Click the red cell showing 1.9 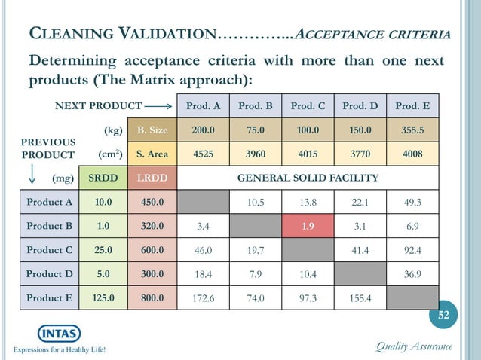tap(308, 225)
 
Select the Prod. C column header tap(308, 106)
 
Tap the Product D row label tap(49, 273)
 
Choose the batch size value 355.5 tap(412, 130)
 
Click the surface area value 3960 tap(256, 154)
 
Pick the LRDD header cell tap(152, 178)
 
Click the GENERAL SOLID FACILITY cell tap(308, 178)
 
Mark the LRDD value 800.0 tap(152, 298)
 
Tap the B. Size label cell tap(152, 130)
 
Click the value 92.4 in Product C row tap(412, 249)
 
